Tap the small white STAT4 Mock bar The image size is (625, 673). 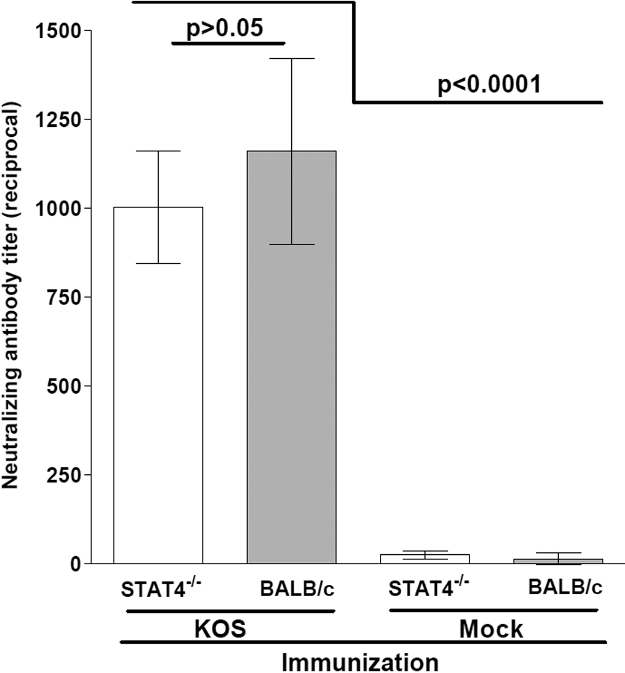click(x=424, y=559)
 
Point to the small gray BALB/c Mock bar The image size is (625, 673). click(x=558, y=561)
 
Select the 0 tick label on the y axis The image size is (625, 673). click(x=76, y=564)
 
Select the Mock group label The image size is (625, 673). click(x=491, y=628)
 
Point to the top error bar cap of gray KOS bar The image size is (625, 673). click(x=292, y=58)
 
